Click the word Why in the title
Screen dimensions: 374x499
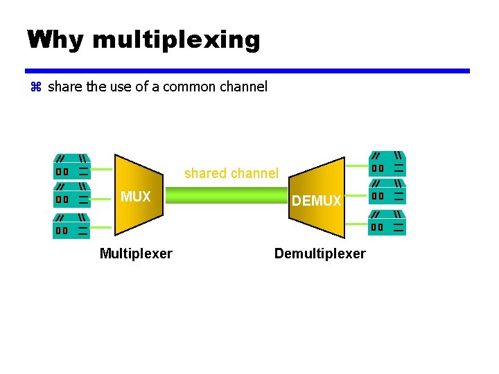(55, 39)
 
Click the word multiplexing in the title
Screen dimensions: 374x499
(175, 41)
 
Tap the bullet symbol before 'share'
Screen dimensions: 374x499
(37, 87)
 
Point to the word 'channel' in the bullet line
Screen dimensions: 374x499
(242, 87)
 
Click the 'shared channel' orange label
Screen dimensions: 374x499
(231, 173)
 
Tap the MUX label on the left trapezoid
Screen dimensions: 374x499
(135, 197)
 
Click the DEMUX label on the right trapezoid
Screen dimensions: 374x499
(316, 201)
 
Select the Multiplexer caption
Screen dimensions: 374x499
(136, 253)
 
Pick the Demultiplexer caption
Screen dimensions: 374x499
(319, 253)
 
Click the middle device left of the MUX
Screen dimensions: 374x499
(71, 195)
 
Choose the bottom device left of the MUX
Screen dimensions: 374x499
(71, 226)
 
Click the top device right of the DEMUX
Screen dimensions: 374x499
(388, 163)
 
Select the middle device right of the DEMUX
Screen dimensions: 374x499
(388, 192)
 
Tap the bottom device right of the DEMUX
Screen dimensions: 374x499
(388, 222)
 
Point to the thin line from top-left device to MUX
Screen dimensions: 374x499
(101, 168)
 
